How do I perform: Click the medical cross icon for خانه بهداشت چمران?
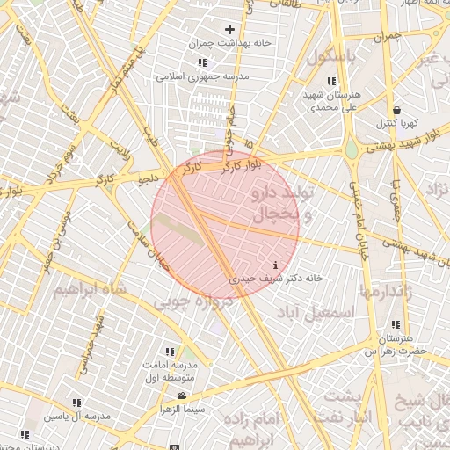click(x=229, y=30)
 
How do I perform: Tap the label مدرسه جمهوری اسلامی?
click(x=203, y=76)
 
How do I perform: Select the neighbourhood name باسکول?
click(x=331, y=56)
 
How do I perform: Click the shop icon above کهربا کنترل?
click(x=397, y=110)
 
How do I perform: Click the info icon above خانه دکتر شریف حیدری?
click(x=277, y=265)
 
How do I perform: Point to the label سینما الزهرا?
click(x=181, y=409)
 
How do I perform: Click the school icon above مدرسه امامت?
click(x=170, y=352)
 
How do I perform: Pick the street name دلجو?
click(x=147, y=179)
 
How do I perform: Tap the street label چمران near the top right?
click(x=386, y=37)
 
